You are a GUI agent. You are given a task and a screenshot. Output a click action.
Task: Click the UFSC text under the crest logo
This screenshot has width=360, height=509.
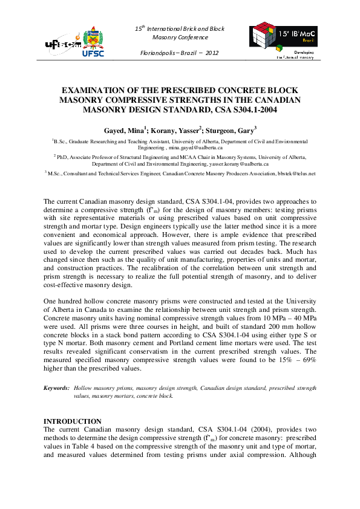click(93, 53)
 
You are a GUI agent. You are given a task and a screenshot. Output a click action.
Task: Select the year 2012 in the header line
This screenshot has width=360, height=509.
click(211, 53)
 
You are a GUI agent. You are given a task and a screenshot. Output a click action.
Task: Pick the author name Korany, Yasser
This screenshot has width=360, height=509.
click(177, 129)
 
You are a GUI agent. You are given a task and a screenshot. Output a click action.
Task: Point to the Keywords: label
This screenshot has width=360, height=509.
click(57, 387)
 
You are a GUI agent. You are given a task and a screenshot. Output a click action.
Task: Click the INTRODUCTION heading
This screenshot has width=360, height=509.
click(73, 421)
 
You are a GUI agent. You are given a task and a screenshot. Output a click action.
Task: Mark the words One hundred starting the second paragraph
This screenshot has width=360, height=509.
click(63, 300)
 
